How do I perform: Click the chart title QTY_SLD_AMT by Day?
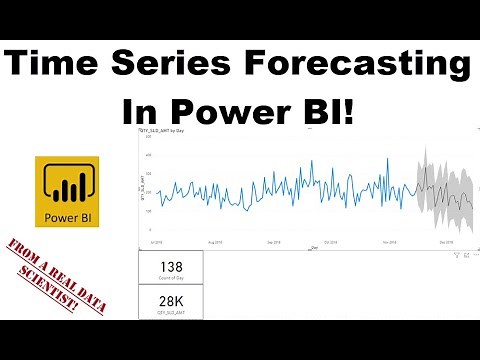click(166, 132)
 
